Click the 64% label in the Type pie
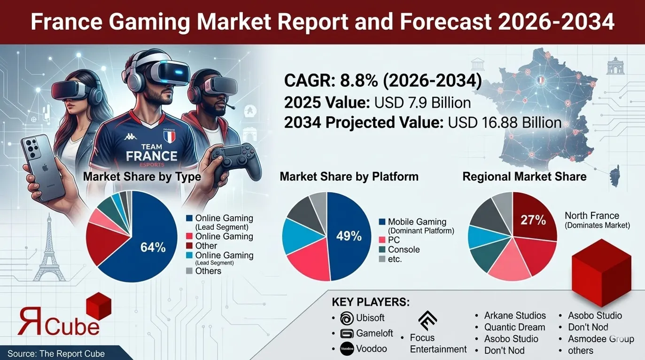[153, 247]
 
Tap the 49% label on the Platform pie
[349, 236]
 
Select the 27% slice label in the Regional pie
[533, 219]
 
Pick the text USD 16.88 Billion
[505, 123]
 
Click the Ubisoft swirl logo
[346, 318]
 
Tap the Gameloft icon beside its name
[346, 333]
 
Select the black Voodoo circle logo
[346, 349]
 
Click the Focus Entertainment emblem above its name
[427, 321]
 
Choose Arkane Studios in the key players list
[515, 315]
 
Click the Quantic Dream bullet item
[514, 327]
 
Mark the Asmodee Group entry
[601, 339]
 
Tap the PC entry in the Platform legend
[394, 240]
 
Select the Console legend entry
[404, 250]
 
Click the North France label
[591, 216]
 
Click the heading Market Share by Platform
[349, 177]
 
